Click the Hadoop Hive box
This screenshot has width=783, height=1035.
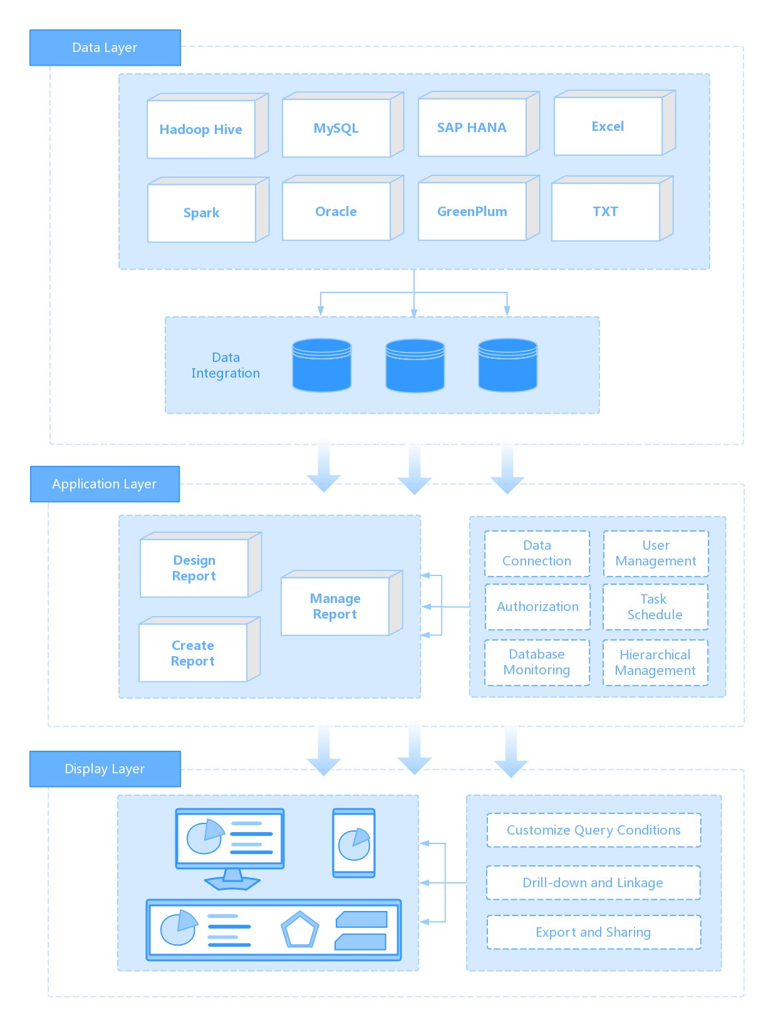pos(201,130)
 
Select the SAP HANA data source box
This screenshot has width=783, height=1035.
pos(472,128)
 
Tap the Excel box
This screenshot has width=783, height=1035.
pos(608,126)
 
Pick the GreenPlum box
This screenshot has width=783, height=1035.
pos(472,212)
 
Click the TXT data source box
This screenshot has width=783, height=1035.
pos(605,212)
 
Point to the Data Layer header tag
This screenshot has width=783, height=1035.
pos(105,48)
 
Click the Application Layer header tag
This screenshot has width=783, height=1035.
pos(105,484)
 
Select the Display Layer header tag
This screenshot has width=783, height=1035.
pos(105,769)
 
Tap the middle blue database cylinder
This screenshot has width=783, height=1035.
pos(415,366)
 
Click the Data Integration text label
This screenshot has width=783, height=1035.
pos(226,365)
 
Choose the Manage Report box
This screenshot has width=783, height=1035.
pos(335,606)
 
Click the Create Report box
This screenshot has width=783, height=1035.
pos(193,653)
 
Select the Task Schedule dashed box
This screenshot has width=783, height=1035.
pos(655,607)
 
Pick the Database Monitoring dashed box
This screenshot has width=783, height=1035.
pos(537,662)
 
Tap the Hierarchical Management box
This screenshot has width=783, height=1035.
pos(655,662)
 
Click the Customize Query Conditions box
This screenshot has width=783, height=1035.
pos(593,830)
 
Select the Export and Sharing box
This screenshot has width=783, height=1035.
pos(593,932)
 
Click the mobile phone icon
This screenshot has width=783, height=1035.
pos(354,843)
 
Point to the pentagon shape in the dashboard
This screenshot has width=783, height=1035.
pos(300,930)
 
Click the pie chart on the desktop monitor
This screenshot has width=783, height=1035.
pos(205,837)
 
